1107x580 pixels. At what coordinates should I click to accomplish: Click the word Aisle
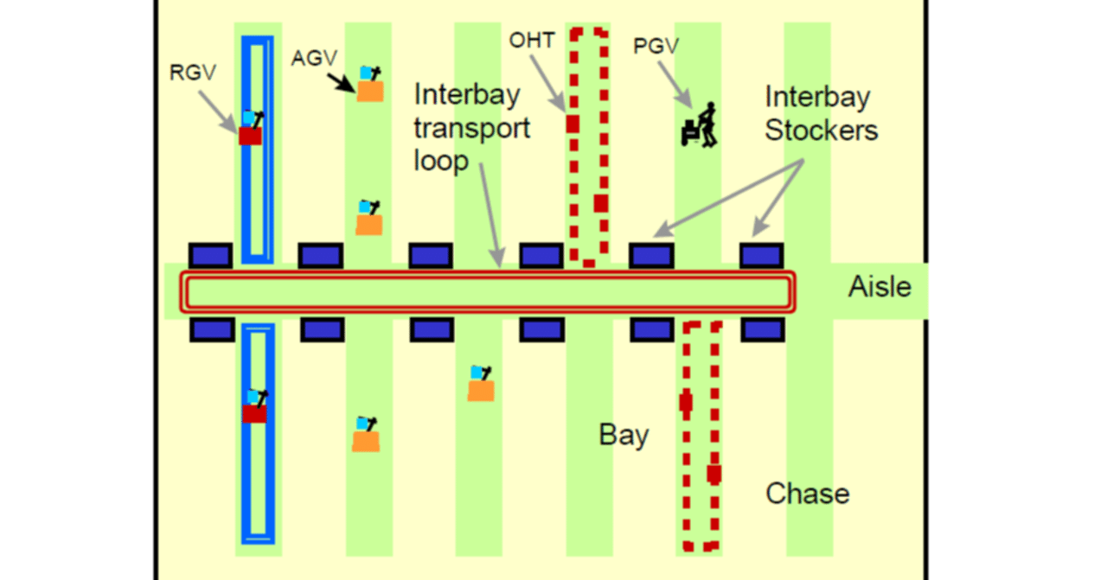880,287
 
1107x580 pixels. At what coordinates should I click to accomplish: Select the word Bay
624,435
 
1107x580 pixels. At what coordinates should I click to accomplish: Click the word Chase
808,494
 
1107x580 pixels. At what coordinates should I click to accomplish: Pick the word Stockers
822,130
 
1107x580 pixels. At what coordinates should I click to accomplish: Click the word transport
471,128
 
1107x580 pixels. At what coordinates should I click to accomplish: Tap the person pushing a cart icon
701,124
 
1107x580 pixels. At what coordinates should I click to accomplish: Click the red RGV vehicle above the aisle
251,136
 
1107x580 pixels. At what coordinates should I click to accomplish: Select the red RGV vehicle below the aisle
254,414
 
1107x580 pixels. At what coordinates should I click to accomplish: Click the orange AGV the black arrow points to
370,91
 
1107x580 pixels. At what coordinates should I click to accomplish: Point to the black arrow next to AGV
342,80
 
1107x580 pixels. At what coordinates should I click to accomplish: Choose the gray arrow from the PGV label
675,86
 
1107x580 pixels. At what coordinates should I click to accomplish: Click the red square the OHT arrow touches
572,124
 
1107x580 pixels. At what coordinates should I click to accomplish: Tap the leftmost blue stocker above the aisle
210,255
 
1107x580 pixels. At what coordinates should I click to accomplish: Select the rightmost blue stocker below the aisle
762,329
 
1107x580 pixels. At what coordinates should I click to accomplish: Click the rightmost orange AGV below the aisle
481,390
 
